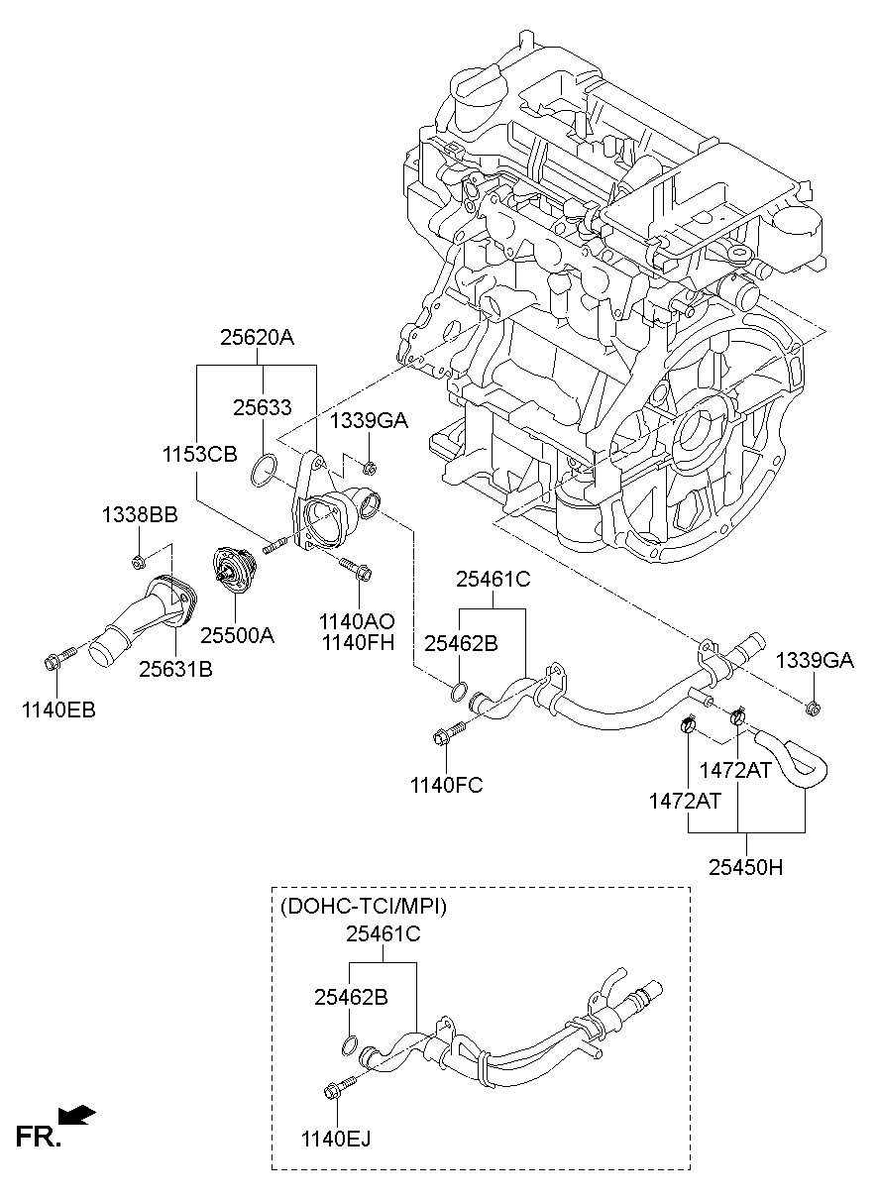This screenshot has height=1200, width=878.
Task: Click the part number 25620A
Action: click(x=257, y=337)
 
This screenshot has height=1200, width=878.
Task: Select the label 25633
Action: click(x=262, y=407)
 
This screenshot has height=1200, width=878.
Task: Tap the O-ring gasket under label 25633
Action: click(x=262, y=469)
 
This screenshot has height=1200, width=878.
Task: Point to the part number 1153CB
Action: click(x=200, y=454)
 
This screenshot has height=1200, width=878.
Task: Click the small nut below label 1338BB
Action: click(x=139, y=563)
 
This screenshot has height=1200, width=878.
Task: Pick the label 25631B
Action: click(x=175, y=670)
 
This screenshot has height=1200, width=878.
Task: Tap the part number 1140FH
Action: click(x=357, y=642)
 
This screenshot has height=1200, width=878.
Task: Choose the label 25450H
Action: click(x=745, y=867)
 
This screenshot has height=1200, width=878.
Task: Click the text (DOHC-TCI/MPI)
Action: click(x=364, y=906)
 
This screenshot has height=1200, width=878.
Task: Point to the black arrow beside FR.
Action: click(x=77, y=1116)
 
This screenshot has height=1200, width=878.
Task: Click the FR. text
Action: click(x=38, y=1137)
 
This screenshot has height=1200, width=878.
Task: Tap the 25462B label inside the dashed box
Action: click(x=351, y=997)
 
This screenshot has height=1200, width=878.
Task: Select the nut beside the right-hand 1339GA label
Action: click(x=813, y=707)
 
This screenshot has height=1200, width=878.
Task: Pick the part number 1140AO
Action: click(x=357, y=621)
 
